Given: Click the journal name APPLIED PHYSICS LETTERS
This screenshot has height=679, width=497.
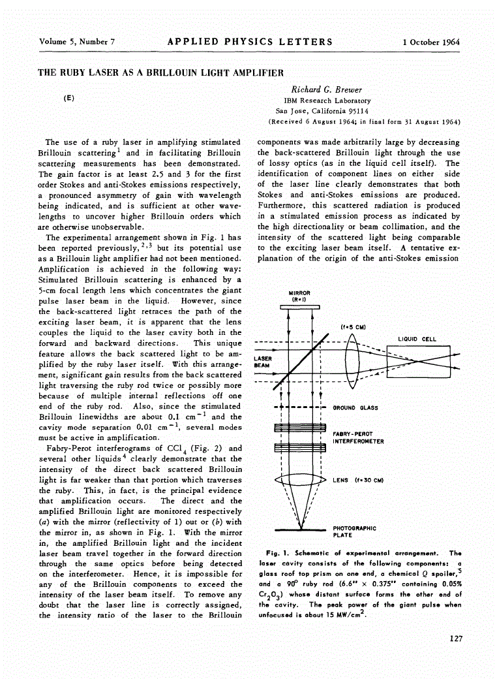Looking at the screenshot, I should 250,42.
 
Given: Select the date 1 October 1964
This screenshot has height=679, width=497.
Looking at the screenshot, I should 431,42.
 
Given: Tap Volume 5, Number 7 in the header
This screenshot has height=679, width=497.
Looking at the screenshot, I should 77,42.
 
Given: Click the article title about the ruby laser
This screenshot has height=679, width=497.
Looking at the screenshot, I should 161,72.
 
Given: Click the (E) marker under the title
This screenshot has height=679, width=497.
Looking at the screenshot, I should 68,98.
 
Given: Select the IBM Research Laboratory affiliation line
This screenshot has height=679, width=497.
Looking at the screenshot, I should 327,101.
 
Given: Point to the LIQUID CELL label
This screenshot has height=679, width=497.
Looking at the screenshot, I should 417,339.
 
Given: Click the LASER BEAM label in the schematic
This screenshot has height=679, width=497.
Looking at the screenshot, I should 263,362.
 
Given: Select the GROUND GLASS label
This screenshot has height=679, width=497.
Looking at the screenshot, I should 355,407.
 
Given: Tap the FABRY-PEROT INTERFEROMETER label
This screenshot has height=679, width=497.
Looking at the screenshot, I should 358,437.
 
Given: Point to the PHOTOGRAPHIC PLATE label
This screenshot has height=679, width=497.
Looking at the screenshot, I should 354,531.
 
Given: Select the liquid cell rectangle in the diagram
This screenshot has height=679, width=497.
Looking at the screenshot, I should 418,362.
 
